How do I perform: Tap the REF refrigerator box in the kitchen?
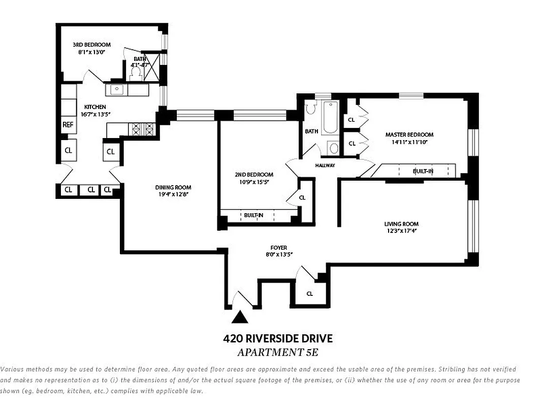point(68,124)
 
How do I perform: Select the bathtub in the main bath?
point(330,117)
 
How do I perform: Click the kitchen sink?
point(117,89)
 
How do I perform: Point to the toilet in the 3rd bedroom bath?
point(136,74)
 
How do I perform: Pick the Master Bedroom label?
point(409,134)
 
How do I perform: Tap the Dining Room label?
point(173,187)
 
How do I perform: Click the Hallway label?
point(325,165)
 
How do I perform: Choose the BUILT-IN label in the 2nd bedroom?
point(253,215)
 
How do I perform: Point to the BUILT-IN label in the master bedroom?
point(423,171)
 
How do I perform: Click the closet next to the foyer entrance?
point(309,293)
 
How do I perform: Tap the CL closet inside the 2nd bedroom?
point(302,197)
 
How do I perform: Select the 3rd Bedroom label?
point(91,45)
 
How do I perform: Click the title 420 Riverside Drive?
point(278,339)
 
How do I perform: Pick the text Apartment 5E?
point(278,352)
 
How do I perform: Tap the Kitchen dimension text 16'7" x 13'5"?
point(95,114)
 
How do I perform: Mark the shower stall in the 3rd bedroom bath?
point(152,66)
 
